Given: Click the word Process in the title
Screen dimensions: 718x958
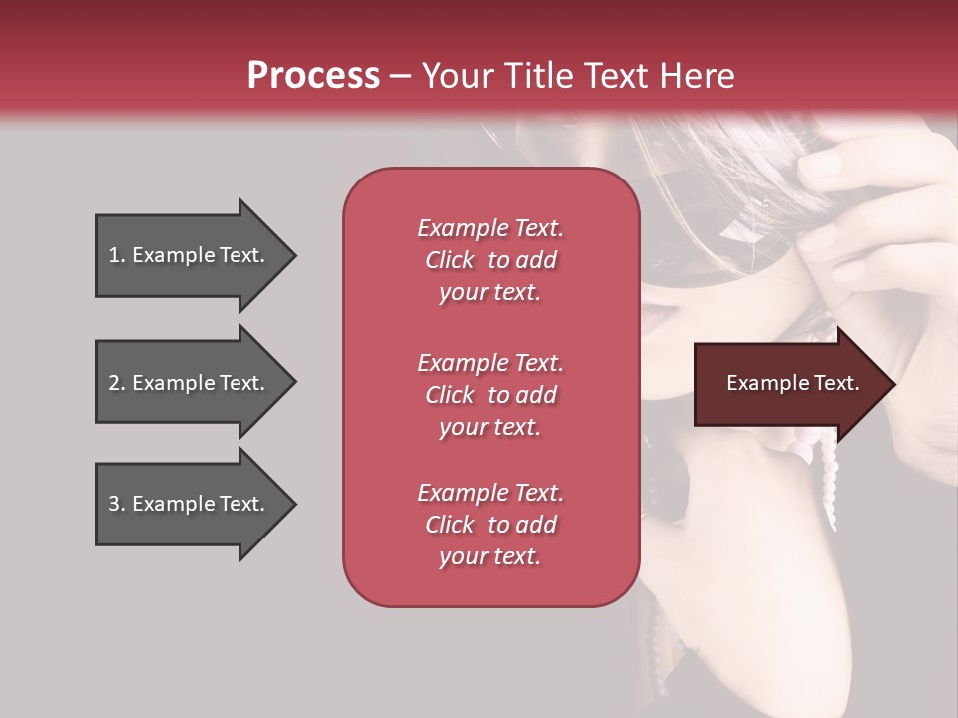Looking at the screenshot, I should coord(313,76).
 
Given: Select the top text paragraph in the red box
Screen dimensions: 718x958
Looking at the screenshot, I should coord(490,260).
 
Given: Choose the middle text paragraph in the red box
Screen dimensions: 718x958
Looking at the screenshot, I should coord(490,395).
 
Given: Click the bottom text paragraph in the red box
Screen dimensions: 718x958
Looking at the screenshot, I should coord(490,525).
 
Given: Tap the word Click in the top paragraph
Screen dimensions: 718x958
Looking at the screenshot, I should coord(450,260).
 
